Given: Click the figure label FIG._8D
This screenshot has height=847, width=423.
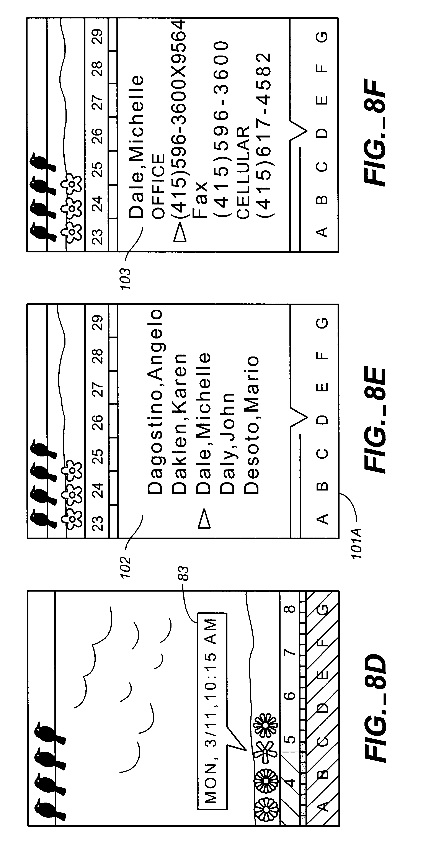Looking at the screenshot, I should tap(375, 711).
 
